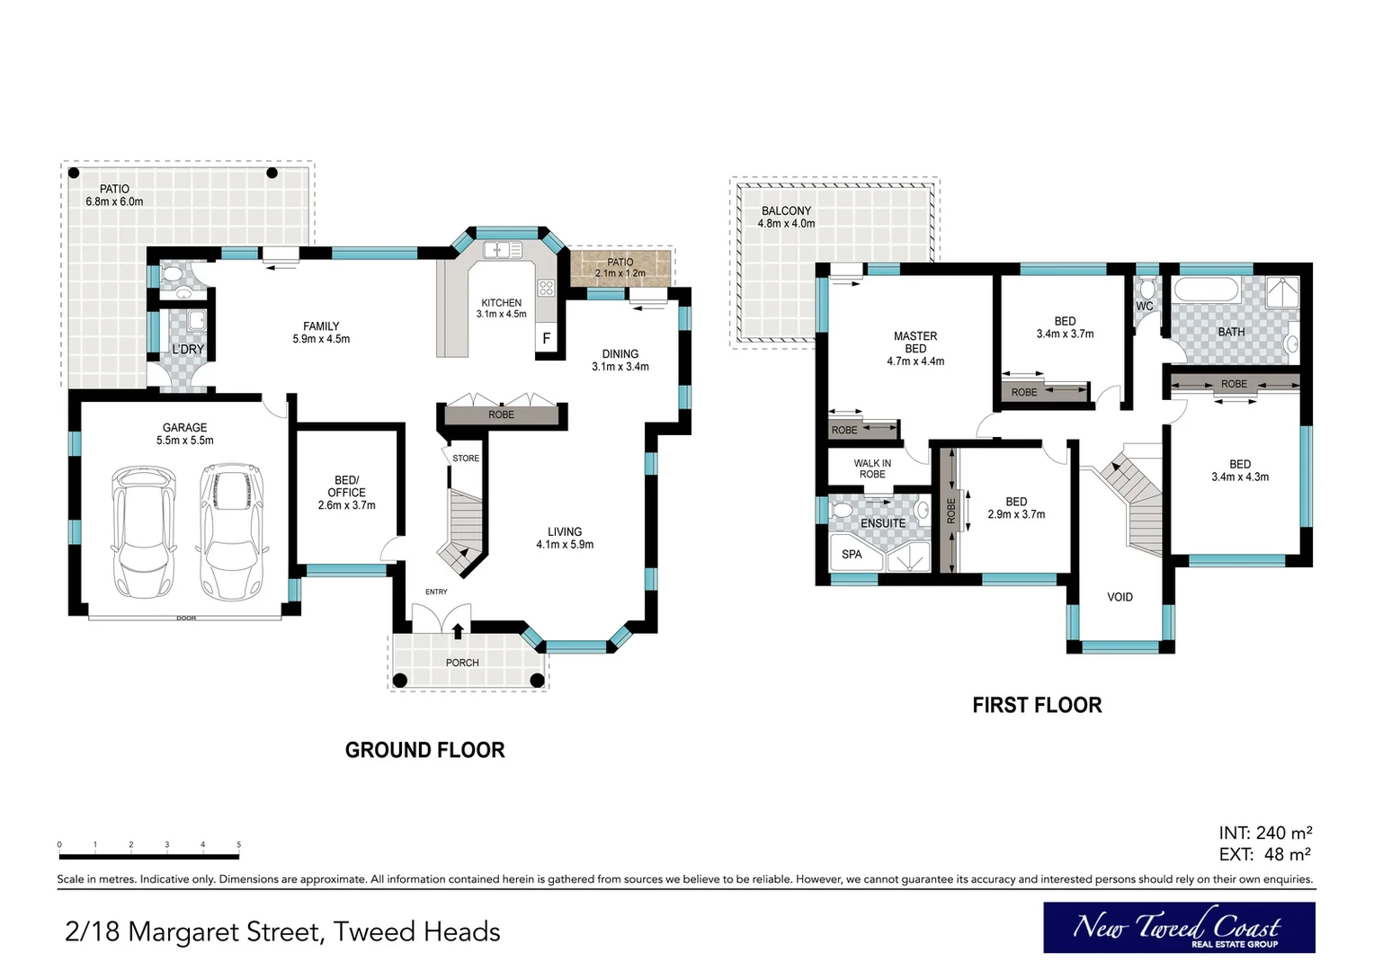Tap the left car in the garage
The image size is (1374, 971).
point(144,533)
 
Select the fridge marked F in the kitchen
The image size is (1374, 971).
point(546,339)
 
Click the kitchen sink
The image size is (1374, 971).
point(503,250)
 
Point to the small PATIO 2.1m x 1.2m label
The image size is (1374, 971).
point(620,267)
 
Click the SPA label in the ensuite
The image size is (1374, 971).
point(852,555)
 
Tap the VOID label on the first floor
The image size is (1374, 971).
point(1120,597)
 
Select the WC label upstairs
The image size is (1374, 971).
point(1145,306)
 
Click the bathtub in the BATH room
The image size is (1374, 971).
point(1207,290)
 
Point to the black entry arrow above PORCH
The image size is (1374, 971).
point(458,631)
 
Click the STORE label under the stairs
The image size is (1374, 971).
point(466,459)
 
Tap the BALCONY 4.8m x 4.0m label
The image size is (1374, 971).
point(786,218)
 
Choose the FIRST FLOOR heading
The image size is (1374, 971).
point(1038,706)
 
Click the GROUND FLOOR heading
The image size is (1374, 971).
point(425,750)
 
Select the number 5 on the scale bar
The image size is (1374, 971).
point(238,844)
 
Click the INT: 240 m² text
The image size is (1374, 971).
point(1265,833)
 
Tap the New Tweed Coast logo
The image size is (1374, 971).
point(1179,928)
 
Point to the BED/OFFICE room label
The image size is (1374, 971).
point(346,493)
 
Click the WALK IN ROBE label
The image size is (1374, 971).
point(872,468)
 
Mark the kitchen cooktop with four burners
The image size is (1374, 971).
point(546,288)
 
